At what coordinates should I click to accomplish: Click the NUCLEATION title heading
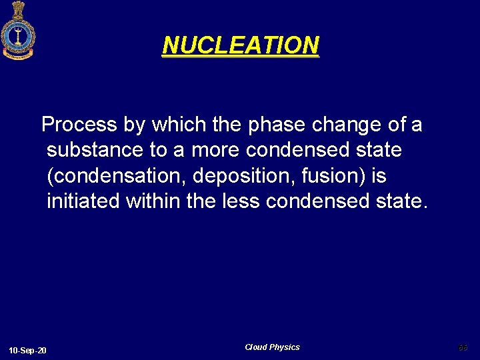click(241, 45)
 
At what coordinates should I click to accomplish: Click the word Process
click(79, 125)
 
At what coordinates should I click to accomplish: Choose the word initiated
click(83, 201)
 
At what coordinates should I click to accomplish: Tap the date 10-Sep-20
click(27, 351)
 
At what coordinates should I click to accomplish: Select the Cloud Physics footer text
click(272, 347)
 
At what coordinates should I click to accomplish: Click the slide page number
click(463, 347)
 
